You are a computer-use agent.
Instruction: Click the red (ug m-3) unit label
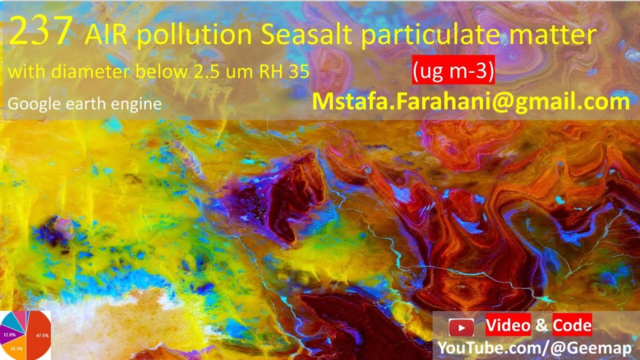coord(453,71)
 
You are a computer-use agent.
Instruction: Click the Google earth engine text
coord(84,104)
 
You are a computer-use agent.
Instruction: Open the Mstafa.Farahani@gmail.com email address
coord(470,101)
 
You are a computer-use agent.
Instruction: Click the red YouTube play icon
coord(461,328)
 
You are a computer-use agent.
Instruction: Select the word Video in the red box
coord(508,326)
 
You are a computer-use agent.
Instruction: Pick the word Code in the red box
coord(572,326)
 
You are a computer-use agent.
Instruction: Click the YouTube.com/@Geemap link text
coord(534,348)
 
